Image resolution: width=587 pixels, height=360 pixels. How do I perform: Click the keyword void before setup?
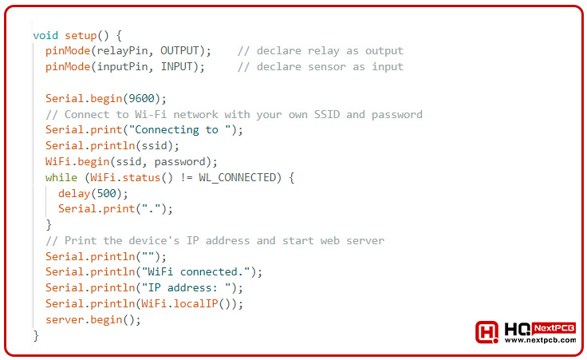[x=45, y=35]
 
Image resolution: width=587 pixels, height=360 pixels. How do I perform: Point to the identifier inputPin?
[x=127, y=67]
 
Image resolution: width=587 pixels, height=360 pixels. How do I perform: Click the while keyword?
[x=61, y=177]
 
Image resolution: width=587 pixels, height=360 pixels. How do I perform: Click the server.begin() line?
[x=93, y=320]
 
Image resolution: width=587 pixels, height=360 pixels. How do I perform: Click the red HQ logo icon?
[x=487, y=333]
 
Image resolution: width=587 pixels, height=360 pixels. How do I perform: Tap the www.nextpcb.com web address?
[x=540, y=340]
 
